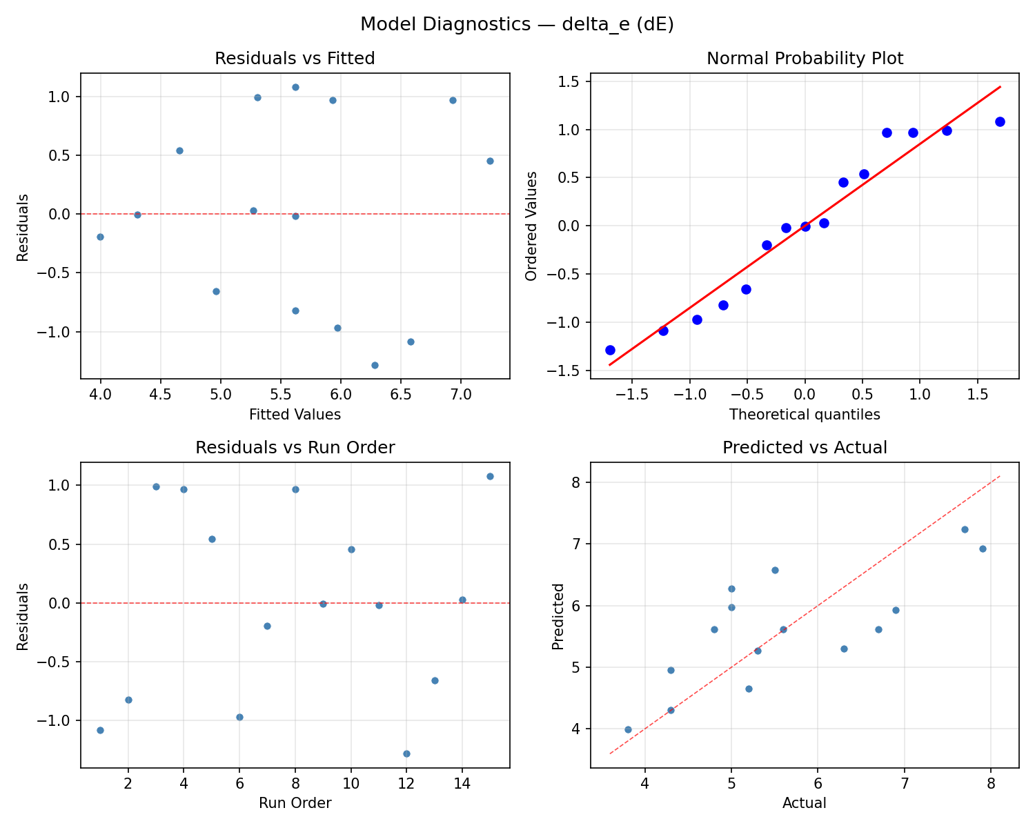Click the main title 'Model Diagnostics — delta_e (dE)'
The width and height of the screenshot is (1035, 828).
(517, 25)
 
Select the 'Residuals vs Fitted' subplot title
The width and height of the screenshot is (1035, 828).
(295, 59)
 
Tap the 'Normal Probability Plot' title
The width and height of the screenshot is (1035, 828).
(805, 59)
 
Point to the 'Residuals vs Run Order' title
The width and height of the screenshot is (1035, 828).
(295, 448)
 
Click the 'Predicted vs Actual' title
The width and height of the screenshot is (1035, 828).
(805, 448)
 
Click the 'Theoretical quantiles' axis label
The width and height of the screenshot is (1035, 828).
(805, 415)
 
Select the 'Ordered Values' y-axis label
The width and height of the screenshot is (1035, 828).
(531, 226)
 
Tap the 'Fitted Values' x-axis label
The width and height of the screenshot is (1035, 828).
(295, 415)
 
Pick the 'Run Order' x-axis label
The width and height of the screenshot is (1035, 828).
(295, 803)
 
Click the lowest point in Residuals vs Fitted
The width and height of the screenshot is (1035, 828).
(375, 365)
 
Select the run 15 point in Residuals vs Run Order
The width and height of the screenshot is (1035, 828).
(490, 476)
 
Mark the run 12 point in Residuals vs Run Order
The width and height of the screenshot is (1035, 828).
(406, 753)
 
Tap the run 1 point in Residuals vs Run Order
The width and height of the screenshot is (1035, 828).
(100, 730)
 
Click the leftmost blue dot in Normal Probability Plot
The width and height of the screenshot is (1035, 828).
(610, 350)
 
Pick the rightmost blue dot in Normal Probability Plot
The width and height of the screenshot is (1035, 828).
(1000, 121)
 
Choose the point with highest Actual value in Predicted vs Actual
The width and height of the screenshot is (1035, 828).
(983, 549)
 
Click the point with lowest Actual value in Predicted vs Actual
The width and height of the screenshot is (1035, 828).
(628, 729)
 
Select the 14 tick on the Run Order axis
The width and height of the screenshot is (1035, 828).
(462, 783)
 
